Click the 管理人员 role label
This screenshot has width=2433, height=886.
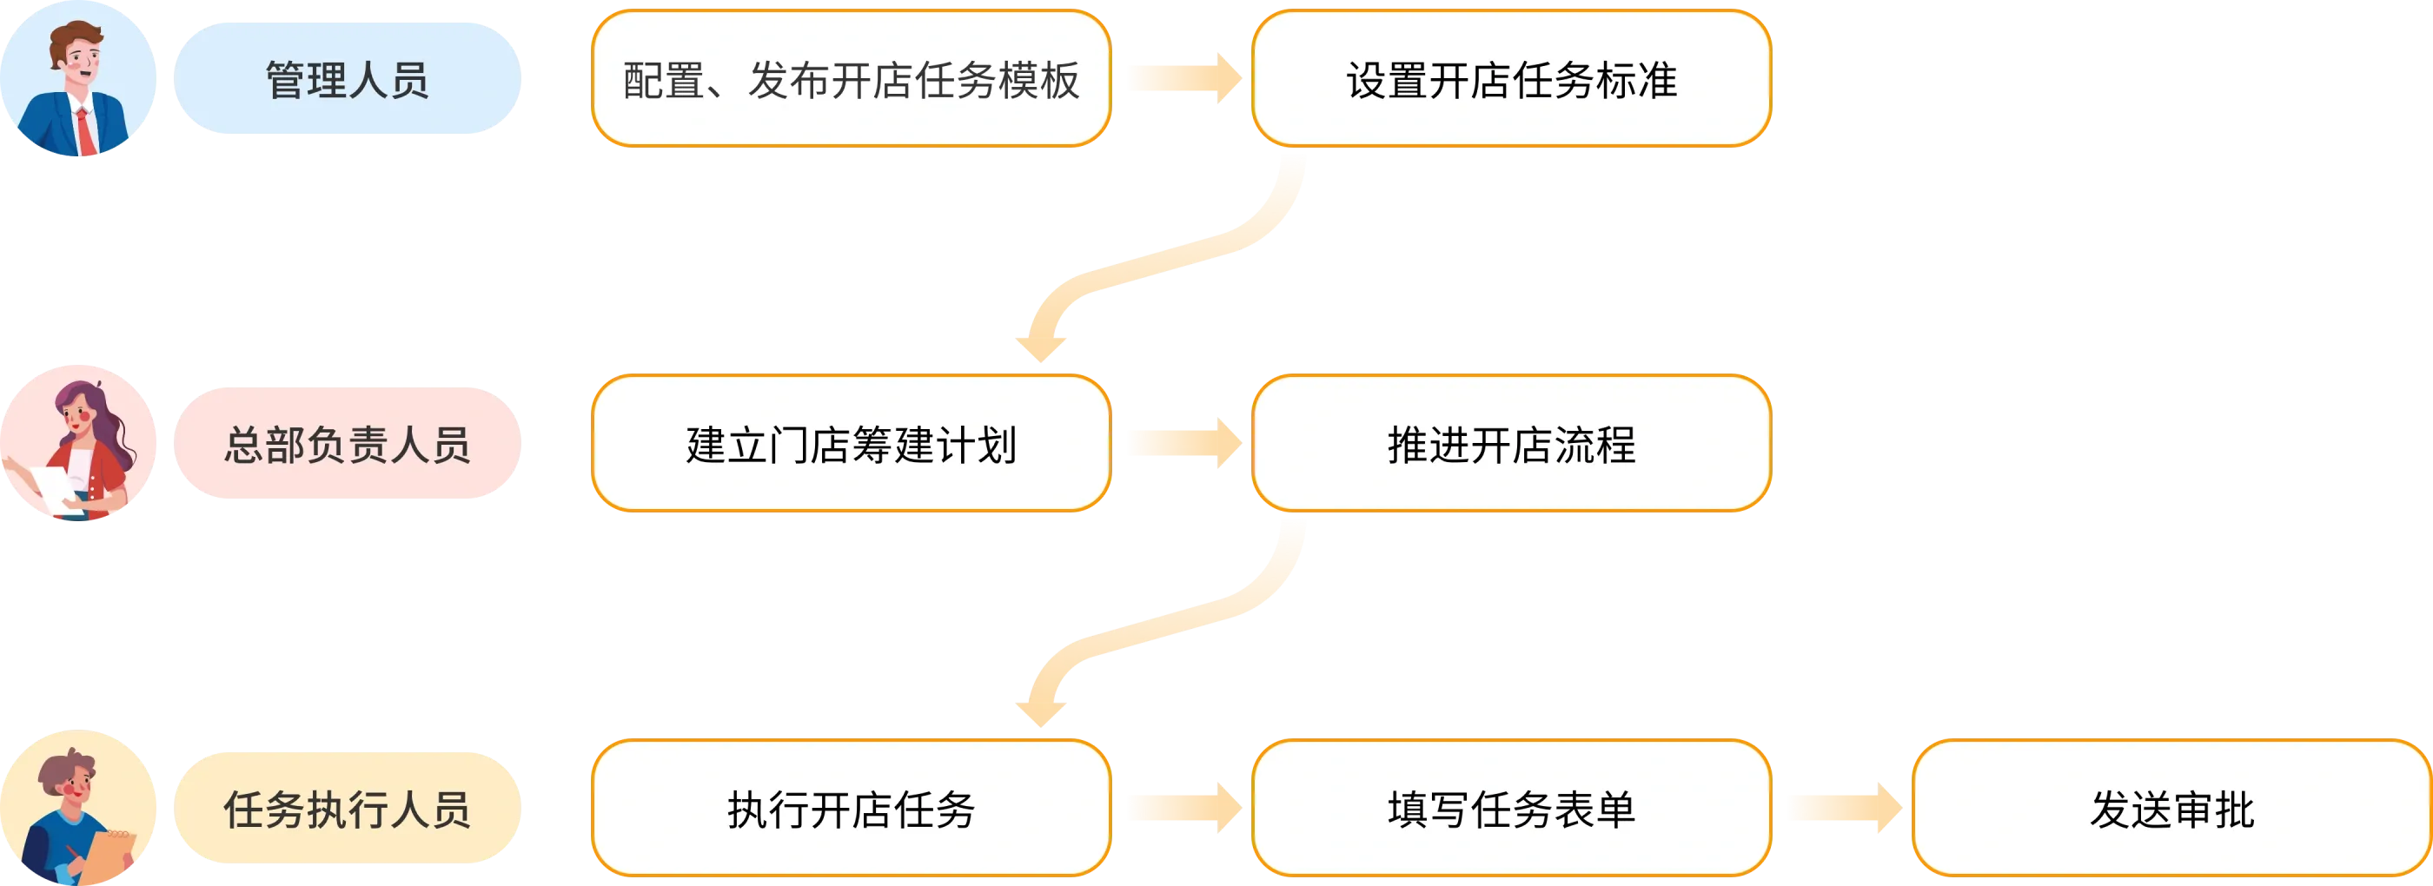click(x=347, y=79)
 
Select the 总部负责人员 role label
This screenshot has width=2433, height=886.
click(x=347, y=444)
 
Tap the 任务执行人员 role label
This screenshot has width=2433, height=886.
click(x=347, y=810)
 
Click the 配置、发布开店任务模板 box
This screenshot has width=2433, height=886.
click(x=851, y=79)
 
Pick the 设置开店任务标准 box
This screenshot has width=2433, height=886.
click(x=1511, y=79)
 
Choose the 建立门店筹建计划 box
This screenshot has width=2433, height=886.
click(x=851, y=444)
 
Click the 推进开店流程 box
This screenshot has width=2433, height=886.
click(x=1511, y=444)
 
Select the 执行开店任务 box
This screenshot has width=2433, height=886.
click(x=851, y=810)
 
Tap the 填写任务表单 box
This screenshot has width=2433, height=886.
click(x=1511, y=810)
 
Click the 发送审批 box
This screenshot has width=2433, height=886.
click(x=2171, y=810)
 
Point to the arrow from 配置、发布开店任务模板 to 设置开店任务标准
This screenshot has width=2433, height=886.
click(x=1183, y=78)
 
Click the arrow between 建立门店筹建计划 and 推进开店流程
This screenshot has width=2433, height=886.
click(x=1183, y=443)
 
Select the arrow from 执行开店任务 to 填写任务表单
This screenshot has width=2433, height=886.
click(x=1183, y=809)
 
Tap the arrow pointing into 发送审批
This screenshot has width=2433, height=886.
click(x=1843, y=809)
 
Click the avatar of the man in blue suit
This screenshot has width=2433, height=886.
click(x=79, y=79)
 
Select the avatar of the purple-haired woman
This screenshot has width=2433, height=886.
click(x=79, y=442)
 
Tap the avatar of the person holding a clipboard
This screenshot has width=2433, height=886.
click(x=79, y=809)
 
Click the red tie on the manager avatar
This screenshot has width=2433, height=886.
click(x=86, y=132)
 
